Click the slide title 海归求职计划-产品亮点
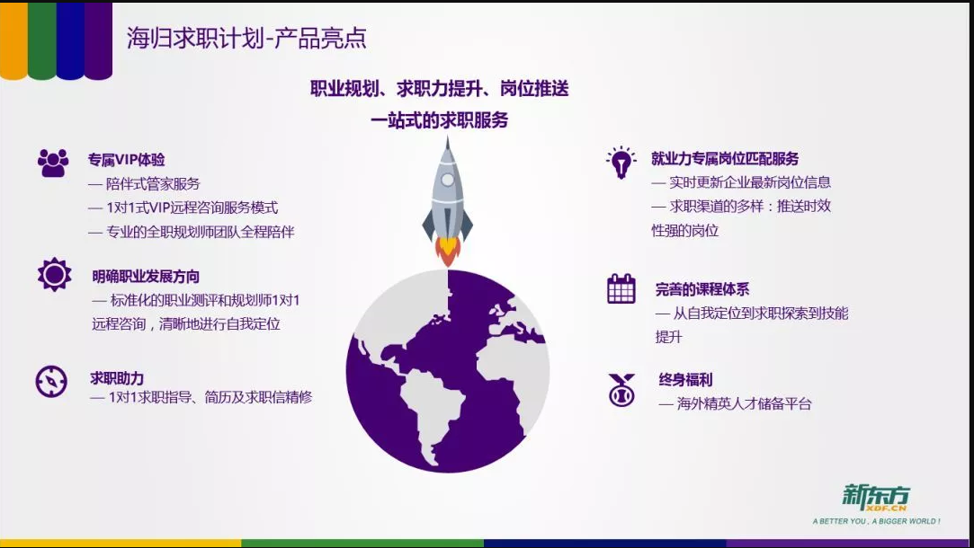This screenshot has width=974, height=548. coord(246,38)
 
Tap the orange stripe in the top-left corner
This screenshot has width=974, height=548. coord(13,40)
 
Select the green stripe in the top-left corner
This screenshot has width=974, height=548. coord(41,40)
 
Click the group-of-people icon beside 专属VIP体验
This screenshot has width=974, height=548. coord(53,164)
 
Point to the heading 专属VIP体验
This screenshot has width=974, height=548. coord(126,160)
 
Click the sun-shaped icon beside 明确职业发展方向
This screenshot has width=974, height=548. coord(55,274)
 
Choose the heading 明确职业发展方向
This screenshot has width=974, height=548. coord(146,276)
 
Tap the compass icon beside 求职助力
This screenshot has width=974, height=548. coord(51,381)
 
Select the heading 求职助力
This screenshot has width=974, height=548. coord(117,378)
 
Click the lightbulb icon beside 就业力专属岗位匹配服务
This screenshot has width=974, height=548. coord(621,163)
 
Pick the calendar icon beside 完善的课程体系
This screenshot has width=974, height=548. coord(621,288)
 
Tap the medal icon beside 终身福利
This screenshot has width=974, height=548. coord(621,390)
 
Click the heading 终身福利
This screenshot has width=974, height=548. coord(686,379)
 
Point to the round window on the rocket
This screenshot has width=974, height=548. coord(448,180)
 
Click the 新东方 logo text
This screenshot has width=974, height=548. coord(876,497)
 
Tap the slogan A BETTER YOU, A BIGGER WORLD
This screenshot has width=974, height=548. coord(877,521)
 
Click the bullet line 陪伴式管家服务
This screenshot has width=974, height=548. coord(144,183)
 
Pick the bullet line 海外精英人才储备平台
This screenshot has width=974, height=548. coord(736,404)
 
